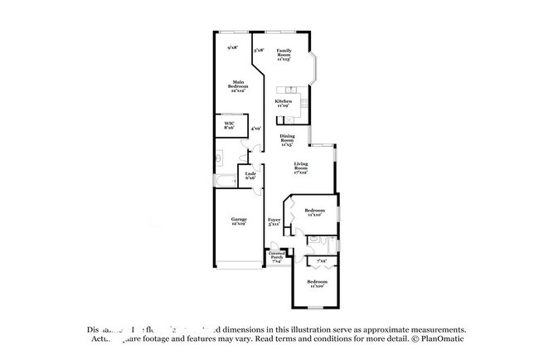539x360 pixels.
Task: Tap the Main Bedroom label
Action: (x=237, y=85)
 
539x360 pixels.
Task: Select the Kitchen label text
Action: (x=283, y=104)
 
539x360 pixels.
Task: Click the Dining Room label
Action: (x=287, y=140)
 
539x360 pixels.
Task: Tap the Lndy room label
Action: (x=250, y=175)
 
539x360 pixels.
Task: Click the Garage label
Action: (x=239, y=221)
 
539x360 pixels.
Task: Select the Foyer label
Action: (x=274, y=221)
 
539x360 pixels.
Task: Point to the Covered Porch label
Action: (x=277, y=257)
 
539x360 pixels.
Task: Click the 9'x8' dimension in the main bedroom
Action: (x=233, y=48)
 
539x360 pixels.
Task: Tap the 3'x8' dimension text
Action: (x=259, y=50)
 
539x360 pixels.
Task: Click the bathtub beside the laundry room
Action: (x=225, y=180)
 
